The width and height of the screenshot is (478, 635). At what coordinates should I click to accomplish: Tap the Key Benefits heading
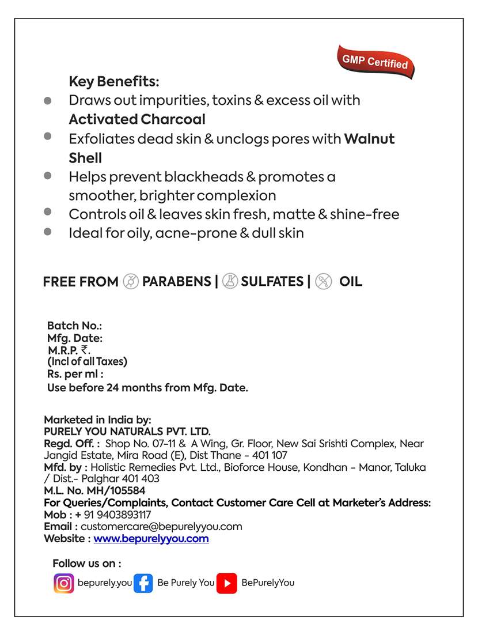(114, 81)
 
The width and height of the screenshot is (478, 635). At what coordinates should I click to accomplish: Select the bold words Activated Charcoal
(137, 119)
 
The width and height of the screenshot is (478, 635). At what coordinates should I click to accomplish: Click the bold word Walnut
(369, 139)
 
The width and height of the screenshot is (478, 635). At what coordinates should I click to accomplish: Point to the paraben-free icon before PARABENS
(131, 282)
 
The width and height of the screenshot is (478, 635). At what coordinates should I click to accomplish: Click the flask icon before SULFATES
(230, 282)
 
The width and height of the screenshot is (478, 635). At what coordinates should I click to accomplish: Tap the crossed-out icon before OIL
(324, 282)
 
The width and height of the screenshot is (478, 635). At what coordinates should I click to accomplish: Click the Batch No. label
(74, 326)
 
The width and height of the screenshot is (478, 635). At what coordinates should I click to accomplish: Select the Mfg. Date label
(75, 339)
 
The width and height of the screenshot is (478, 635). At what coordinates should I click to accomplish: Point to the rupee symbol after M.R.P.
(85, 350)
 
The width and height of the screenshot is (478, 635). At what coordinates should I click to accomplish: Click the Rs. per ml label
(75, 375)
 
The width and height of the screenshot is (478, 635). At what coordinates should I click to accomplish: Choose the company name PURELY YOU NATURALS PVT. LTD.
(127, 432)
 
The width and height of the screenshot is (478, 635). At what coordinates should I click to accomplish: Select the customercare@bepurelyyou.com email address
(161, 527)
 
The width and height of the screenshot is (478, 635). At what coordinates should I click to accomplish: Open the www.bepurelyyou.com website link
(151, 539)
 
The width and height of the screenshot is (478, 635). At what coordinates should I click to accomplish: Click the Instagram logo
(64, 583)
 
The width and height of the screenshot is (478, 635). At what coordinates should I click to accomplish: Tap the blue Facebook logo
(143, 583)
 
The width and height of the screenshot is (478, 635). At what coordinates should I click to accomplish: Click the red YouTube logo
(227, 583)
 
